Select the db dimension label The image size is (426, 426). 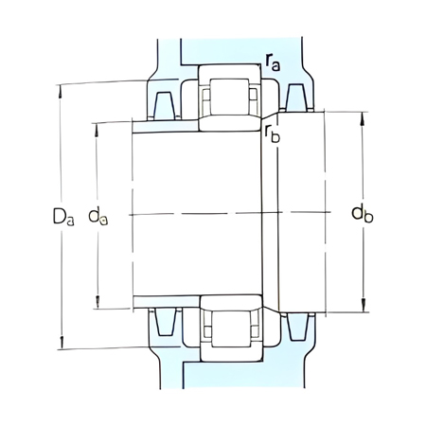point(362,214)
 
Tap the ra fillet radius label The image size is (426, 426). point(273,63)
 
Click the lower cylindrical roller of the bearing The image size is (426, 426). point(229,328)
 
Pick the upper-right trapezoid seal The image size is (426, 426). point(296,95)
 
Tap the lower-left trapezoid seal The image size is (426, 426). point(161,323)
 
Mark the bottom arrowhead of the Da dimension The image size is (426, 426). point(62,346)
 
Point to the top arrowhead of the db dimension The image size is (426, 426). point(363,115)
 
